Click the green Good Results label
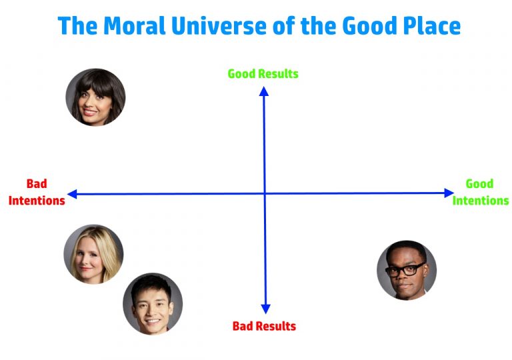coord(263,73)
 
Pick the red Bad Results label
coord(264,326)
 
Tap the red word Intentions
coord(37,200)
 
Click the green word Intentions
coord(480,200)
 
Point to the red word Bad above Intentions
coord(37,184)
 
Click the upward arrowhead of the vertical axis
coord(264,91)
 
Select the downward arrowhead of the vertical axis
coord(265,309)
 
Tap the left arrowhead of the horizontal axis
coord(72,194)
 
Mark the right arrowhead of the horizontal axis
coord(449,193)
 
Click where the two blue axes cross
coord(265,193)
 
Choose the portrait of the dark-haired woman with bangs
coord(95,97)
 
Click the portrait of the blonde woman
coord(93,254)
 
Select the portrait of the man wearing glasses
coord(406,270)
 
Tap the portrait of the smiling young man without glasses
coord(152,303)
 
